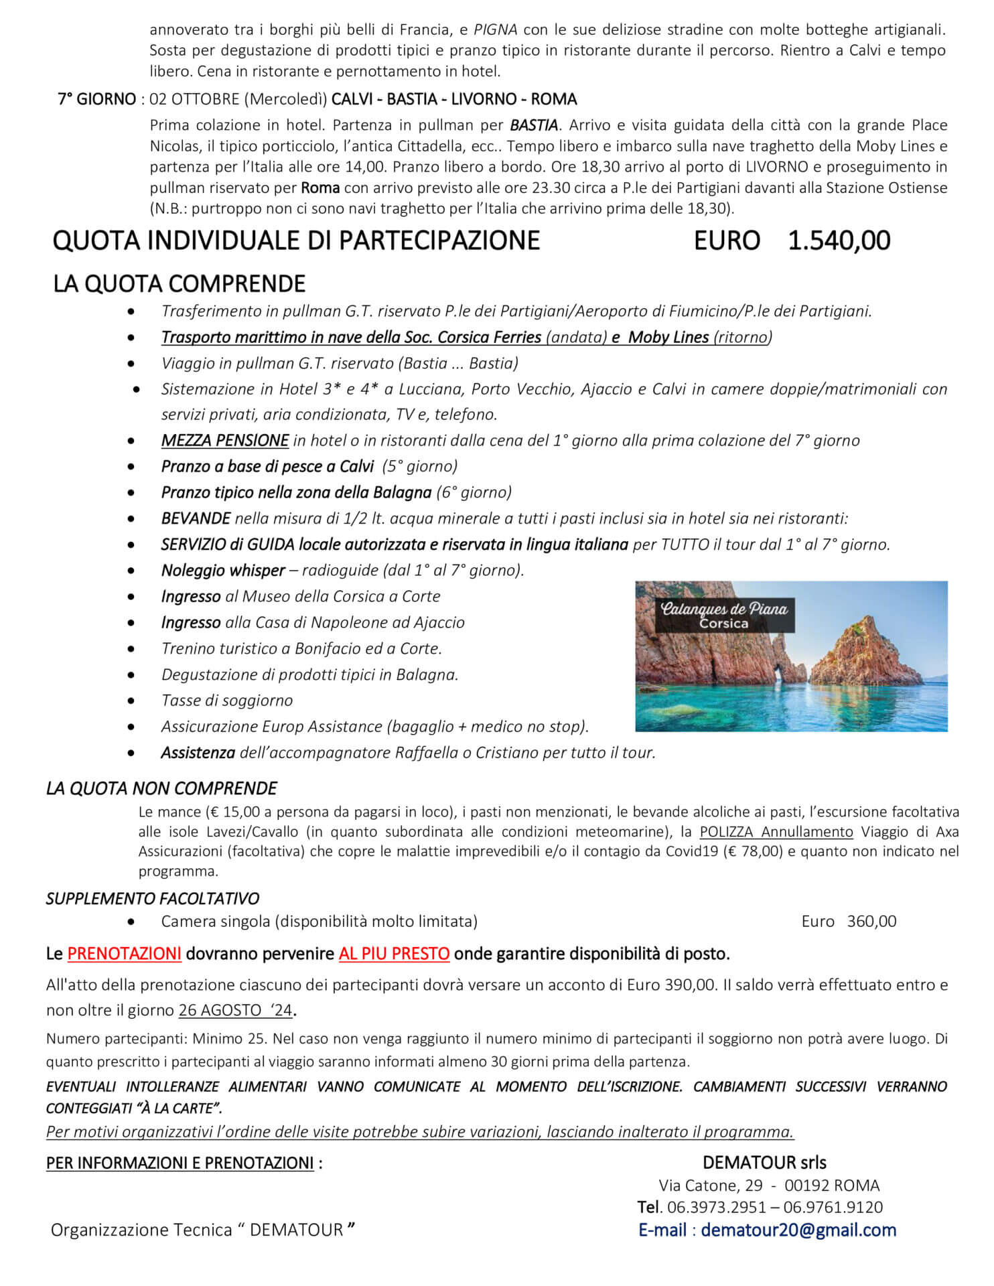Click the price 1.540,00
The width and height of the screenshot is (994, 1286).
(x=839, y=240)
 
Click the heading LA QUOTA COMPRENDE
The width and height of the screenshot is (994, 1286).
(x=179, y=284)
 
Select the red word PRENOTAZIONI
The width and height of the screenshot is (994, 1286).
(x=125, y=953)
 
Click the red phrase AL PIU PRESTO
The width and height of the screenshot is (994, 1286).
(x=394, y=953)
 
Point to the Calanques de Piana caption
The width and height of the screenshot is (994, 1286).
(x=724, y=614)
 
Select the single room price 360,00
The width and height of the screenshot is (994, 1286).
(x=871, y=921)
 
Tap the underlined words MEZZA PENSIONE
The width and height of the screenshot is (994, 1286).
(x=225, y=440)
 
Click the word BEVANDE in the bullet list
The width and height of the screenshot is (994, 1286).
(x=196, y=518)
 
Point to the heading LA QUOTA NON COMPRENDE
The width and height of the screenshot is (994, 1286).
(x=161, y=788)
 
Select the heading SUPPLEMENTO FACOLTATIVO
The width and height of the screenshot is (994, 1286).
(x=153, y=898)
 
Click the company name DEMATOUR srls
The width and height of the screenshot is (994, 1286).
(x=764, y=1162)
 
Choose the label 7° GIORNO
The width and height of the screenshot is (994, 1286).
(x=96, y=99)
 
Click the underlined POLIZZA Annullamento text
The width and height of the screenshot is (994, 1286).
(x=776, y=832)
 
